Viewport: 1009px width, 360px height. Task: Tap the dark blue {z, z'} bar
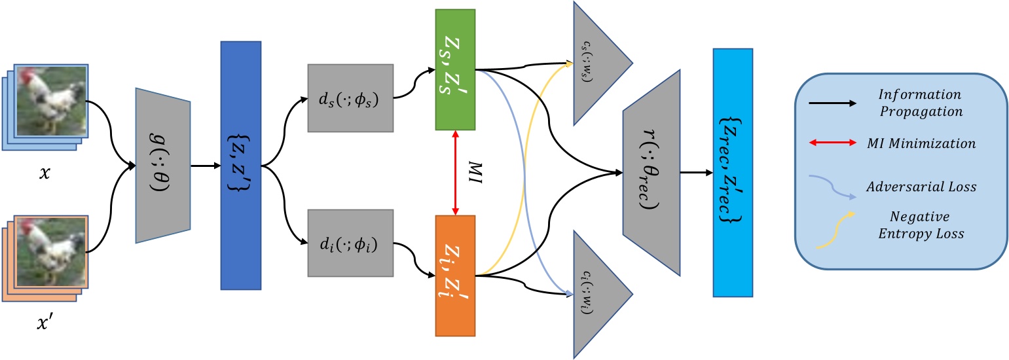(x=241, y=165)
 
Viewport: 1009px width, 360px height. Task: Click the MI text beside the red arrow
(x=483, y=173)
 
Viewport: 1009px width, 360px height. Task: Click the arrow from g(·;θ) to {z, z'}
(x=206, y=166)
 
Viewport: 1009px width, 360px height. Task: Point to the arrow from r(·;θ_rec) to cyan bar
(x=695, y=173)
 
